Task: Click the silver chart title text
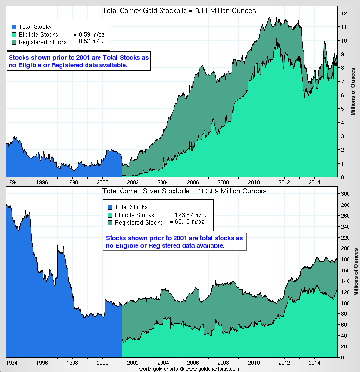(x=184, y=191)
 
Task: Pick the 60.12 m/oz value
(x=187, y=222)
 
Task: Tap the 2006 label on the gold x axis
(x=193, y=183)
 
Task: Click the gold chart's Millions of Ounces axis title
(x=353, y=91)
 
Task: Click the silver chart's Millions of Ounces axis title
(x=356, y=272)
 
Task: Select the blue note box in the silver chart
(x=175, y=242)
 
